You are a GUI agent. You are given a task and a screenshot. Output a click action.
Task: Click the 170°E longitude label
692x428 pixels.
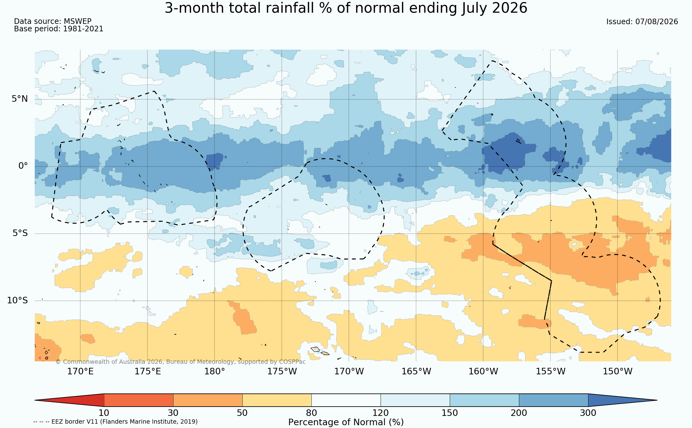tap(80, 371)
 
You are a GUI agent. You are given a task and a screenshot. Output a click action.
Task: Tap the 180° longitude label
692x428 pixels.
tap(214, 371)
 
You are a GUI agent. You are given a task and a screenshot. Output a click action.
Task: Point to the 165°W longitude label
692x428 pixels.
tap(416, 371)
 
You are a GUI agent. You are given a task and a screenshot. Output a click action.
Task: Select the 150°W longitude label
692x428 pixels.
tap(618, 371)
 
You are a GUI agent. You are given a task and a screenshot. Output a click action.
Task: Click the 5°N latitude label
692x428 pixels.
tap(20, 99)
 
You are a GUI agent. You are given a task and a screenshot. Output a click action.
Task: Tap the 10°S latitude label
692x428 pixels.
tap(17, 300)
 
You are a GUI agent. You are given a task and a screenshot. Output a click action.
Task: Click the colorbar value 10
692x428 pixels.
tap(104, 413)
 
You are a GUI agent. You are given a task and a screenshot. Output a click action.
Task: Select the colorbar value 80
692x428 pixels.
tap(311, 413)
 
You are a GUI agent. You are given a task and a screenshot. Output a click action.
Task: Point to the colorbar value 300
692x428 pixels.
tap(588, 413)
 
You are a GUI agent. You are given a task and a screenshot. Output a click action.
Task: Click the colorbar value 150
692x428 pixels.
tap(450, 413)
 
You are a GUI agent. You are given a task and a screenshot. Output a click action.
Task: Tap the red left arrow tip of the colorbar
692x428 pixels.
tap(35, 400)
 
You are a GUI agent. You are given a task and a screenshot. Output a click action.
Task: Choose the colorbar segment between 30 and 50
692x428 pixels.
tap(208, 400)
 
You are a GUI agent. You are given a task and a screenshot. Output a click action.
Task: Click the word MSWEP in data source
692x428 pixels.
tap(78, 21)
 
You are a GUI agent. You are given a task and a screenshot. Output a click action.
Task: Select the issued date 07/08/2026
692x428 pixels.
tap(657, 22)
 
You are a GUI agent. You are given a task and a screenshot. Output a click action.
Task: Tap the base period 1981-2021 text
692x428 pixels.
tap(83, 29)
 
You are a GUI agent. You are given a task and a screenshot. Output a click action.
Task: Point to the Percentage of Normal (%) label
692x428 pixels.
tap(346, 422)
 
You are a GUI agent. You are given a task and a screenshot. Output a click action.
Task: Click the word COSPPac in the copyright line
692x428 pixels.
tap(292, 362)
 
